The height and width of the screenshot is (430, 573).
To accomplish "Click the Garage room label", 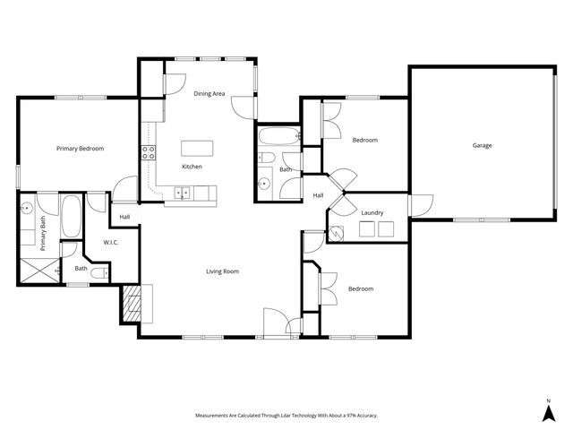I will pyautogui.click(x=482, y=145).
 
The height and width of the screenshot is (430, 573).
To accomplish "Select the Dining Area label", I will pyautogui.click(x=209, y=92).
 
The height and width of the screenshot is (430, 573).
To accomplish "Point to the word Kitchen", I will pyautogui.click(x=192, y=167).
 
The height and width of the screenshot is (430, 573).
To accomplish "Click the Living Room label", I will pyautogui.click(x=223, y=271).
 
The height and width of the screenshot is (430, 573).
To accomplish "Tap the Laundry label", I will pyautogui.click(x=372, y=212).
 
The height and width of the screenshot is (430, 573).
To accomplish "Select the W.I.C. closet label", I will pyautogui.click(x=112, y=242).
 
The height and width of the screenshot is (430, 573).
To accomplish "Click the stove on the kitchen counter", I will pyautogui.click(x=148, y=152).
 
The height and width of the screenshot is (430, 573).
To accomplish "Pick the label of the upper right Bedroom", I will pyautogui.click(x=364, y=140).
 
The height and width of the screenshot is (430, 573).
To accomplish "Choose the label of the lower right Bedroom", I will pyautogui.click(x=360, y=288).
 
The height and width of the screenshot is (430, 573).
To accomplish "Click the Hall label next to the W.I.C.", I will pyautogui.click(x=124, y=216).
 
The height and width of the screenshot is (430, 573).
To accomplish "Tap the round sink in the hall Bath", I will pyautogui.click(x=265, y=184).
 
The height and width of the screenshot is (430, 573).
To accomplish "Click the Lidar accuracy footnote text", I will pyautogui.click(x=286, y=416).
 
